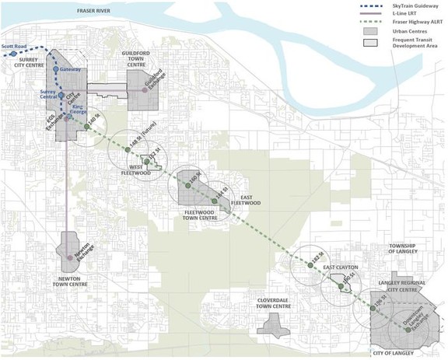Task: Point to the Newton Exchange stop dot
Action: coord(71,257)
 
